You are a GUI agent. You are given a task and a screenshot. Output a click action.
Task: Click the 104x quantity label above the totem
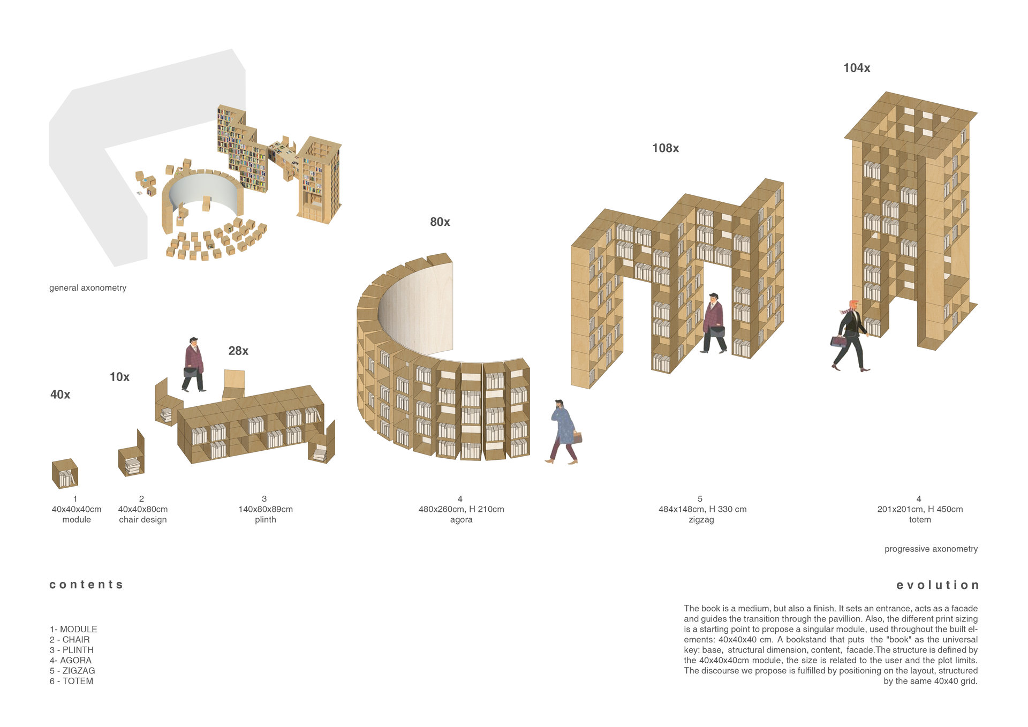857,68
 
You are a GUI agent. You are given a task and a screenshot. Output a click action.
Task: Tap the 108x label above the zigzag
666,148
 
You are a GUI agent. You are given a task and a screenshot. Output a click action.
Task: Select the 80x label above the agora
440,222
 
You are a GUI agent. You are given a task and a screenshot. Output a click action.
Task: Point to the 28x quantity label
238,351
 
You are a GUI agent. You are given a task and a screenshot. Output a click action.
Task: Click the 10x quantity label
119,377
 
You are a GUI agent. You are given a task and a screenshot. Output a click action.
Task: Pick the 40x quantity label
60,395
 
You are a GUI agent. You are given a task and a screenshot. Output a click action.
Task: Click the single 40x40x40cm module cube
65,474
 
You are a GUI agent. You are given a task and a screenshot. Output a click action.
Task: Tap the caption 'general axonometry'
88,288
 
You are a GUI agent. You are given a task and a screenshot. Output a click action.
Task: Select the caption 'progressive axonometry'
931,549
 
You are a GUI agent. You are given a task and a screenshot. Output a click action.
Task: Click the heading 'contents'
86,585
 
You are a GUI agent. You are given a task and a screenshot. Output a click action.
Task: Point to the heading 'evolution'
938,585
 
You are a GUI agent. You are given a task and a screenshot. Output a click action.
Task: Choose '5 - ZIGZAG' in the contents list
72,671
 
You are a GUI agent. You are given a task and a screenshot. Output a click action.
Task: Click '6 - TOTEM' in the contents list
71,681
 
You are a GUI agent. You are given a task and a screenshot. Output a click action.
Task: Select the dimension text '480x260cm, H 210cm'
461,510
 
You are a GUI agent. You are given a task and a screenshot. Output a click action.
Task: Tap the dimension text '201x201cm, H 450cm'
920,510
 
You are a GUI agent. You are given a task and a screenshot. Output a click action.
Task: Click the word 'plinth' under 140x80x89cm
266,520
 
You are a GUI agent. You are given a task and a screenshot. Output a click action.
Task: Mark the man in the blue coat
564,431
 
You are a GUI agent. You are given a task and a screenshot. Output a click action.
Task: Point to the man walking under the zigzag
714,323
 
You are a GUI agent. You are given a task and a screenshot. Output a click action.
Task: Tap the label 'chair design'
143,520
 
